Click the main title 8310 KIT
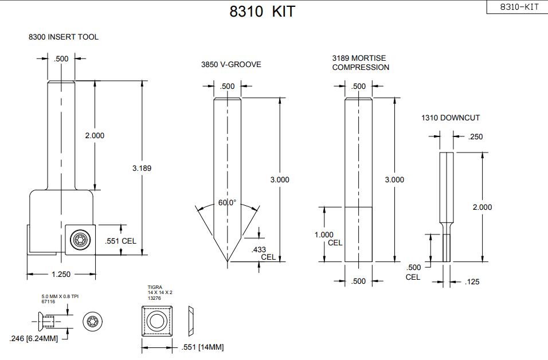(x=262, y=11)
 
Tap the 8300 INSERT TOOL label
(x=64, y=37)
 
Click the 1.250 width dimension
(x=61, y=274)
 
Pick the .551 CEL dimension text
(x=121, y=241)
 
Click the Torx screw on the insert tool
(x=79, y=240)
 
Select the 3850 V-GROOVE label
(x=231, y=64)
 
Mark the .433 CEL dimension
(x=263, y=253)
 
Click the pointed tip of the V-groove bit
(x=228, y=262)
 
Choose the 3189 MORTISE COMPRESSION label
(x=361, y=62)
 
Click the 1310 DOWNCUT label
(x=451, y=118)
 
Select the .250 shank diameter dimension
(x=475, y=136)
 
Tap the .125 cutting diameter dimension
(x=473, y=281)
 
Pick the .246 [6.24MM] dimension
(x=34, y=338)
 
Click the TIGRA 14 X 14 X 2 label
(x=160, y=292)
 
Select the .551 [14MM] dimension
(x=202, y=347)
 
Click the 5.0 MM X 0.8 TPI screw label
(x=59, y=297)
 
